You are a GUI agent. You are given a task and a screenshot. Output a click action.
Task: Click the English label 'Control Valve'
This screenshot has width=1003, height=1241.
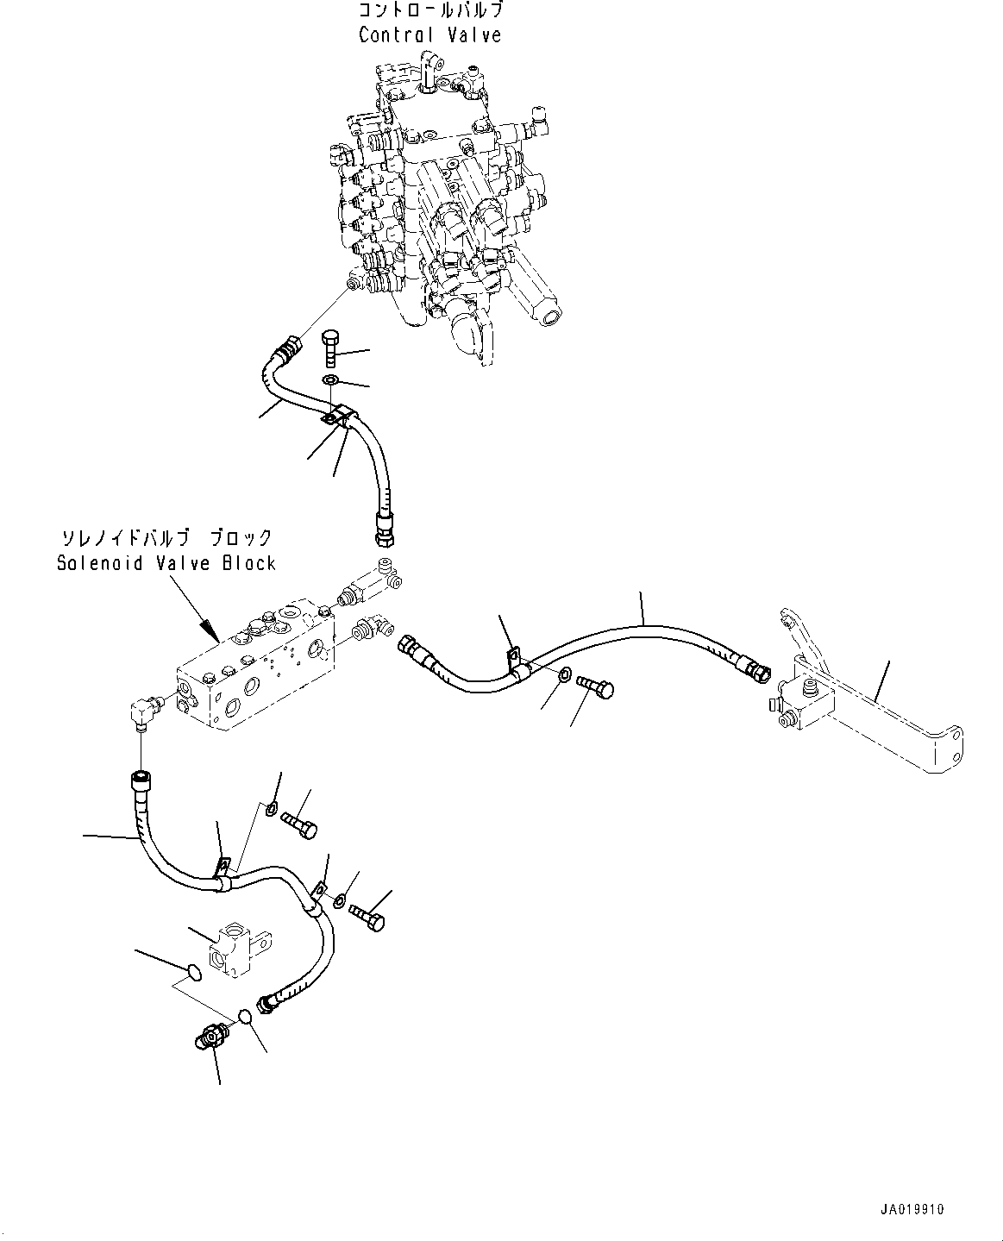tap(429, 34)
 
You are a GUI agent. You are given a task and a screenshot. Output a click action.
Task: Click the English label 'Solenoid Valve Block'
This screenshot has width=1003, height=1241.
tap(166, 563)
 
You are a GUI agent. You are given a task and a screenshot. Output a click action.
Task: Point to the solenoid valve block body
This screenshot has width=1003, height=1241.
tap(250, 673)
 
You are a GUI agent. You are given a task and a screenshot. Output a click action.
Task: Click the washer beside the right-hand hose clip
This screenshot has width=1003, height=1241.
tap(563, 675)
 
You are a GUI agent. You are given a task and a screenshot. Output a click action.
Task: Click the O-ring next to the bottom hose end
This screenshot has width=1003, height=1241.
tap(246, 1016)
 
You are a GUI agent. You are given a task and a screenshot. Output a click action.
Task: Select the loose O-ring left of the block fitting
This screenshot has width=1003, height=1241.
tap(194, 974)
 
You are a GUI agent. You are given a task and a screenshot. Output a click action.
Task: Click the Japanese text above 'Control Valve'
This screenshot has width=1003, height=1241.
tap(429, 11)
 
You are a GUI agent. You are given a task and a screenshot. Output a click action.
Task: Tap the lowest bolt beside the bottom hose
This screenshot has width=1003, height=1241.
tap(368, 916)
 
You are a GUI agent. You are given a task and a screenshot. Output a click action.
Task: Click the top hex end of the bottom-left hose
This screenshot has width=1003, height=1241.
tap(139, 780)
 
